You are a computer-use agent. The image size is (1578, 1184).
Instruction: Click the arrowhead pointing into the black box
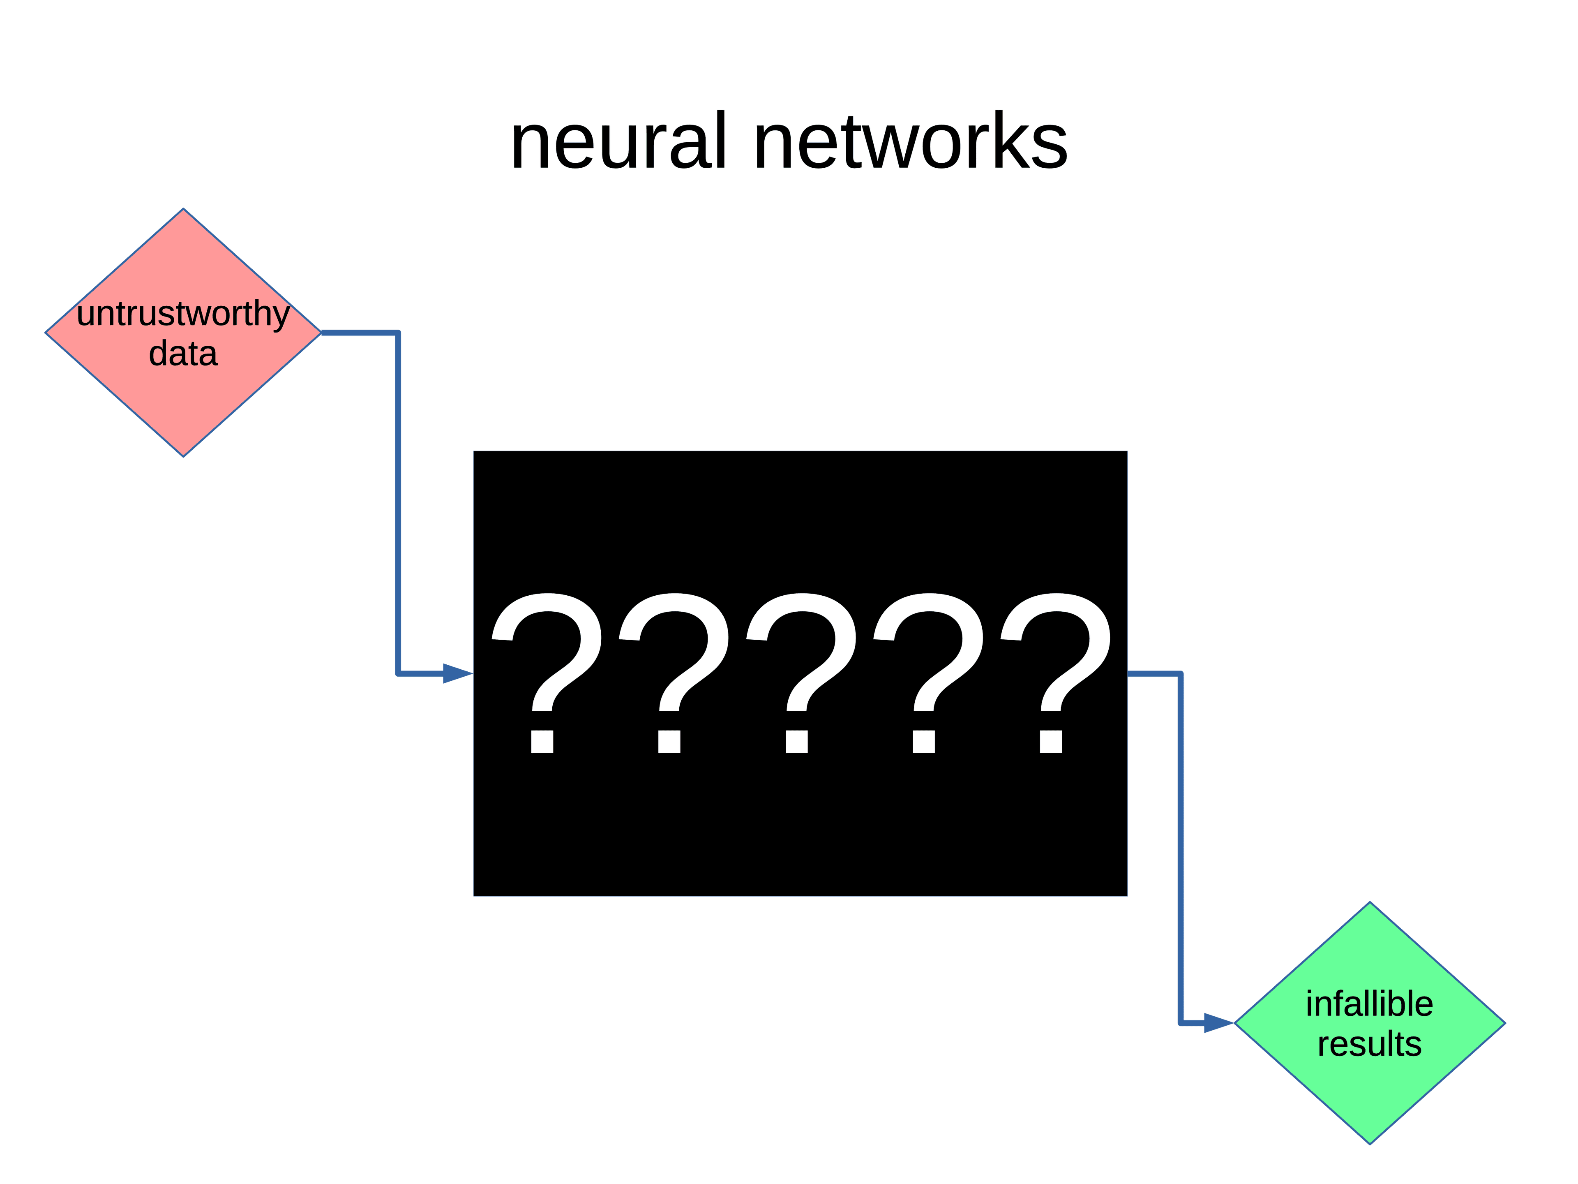457,673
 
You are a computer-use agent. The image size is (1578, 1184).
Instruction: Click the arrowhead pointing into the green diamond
1218,1023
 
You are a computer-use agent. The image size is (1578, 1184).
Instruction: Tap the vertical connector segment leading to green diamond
1181,849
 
